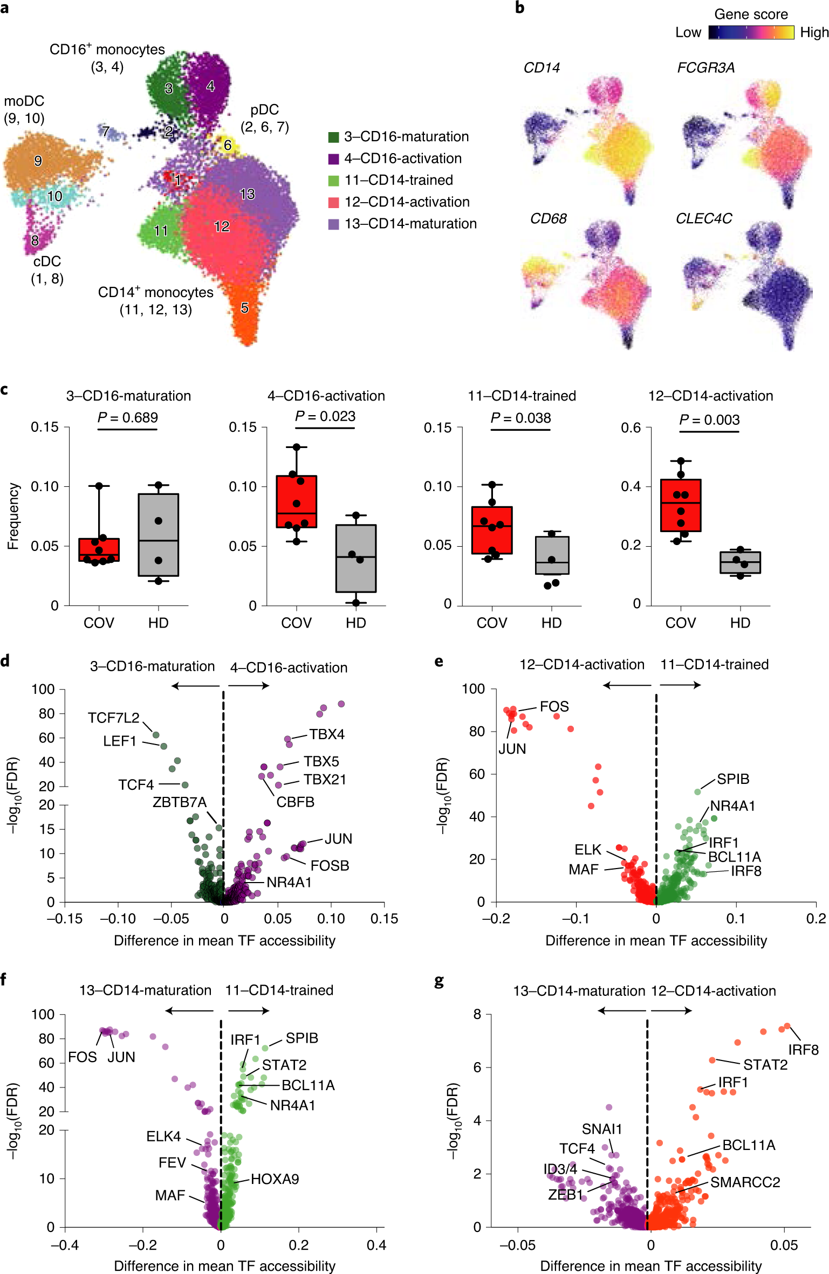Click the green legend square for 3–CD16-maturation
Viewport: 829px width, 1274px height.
[333, 137]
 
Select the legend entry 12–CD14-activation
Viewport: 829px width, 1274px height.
[407, 202]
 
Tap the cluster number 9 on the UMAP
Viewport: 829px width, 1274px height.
[38, 161]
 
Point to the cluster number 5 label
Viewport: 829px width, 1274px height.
[244, 308]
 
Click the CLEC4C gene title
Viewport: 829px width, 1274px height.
[703, 219]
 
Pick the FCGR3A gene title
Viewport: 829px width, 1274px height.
[705, 68]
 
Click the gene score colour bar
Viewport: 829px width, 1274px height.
[751, 32]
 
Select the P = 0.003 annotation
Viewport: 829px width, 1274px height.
[709, 419]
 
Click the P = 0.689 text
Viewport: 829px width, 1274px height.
[127, 417]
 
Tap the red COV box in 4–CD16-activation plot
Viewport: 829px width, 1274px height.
[296, 501]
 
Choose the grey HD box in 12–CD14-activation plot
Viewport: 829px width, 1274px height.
[740, 562]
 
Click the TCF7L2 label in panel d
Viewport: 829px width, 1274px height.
[113, 718]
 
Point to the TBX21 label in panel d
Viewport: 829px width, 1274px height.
[325, 780]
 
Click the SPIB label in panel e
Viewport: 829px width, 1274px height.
[733, 779]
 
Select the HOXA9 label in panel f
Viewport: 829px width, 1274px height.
[275, 1179]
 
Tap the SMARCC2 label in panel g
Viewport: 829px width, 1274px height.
[745, 1182]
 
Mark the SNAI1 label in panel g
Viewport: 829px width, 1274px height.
[602, 1129]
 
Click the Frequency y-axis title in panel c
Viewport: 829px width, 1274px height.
[13, 516]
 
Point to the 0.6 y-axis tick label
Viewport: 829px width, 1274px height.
[631, 428]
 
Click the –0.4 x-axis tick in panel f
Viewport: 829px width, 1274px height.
[65, 1245]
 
